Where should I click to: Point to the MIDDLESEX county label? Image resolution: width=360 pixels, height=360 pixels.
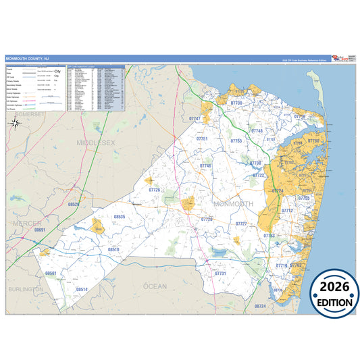(97, 143)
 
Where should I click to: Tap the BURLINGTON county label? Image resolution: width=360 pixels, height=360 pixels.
(26, 288)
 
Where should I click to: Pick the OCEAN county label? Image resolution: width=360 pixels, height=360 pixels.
(155, 286)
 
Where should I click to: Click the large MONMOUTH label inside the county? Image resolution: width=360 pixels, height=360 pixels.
(233, 203)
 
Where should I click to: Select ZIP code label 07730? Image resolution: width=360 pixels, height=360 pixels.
(236, 103)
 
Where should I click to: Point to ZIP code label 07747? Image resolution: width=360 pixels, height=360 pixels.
(195, 119)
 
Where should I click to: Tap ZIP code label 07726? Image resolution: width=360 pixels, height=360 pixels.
(155, 190)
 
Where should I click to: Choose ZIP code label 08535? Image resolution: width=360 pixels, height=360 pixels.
(120, 216)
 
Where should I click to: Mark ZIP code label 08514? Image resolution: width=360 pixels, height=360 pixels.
(82, 289)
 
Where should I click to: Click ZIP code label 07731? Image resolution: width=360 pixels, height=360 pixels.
(220, 273)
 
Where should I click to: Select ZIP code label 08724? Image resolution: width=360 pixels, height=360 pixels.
(260, 306)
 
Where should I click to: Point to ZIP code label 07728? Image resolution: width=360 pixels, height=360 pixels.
(207, 219)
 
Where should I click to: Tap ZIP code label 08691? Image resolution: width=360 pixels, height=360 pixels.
(40, 230)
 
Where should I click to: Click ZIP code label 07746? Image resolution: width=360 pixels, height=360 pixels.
(205, 165)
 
